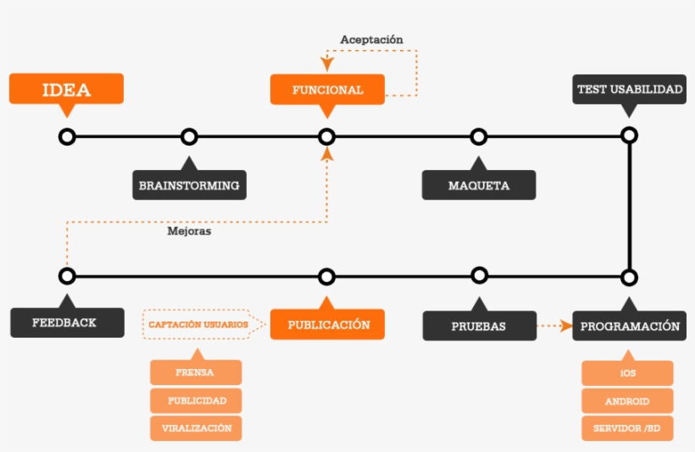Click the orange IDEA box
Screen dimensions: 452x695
[x=66, y=89]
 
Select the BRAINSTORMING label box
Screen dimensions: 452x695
[x=189, y=185]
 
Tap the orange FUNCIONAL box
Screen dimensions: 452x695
[x=327, y=90]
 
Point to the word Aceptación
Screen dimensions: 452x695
[x=371, y=40]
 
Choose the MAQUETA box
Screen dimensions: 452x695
[x=479, y=185]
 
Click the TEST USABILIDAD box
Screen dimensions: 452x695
[x=629, y=90]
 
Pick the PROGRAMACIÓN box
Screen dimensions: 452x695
[x=629, y=326]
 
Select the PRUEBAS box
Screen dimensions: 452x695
[x=479, y=326]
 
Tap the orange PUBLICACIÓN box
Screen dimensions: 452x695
[x=327, y=324]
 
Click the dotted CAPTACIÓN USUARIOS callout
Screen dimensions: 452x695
[x=199, y=324]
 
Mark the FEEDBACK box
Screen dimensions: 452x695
[x=66, y=322]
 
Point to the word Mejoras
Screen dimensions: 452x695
[x=189, y=230]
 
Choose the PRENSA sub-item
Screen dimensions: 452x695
[x=196, y=372]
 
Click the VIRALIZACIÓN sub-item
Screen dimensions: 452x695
[x=196, y=428]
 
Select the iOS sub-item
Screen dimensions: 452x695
[x=627, y=373]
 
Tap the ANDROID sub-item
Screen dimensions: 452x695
[x=627, y=401]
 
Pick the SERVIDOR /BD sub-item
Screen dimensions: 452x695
[x=627, y=428]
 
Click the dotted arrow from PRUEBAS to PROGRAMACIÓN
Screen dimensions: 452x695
[x=555, y=325]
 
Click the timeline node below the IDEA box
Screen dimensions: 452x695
[x=67, y=136]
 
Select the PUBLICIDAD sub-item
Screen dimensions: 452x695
[x=196, y=400]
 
